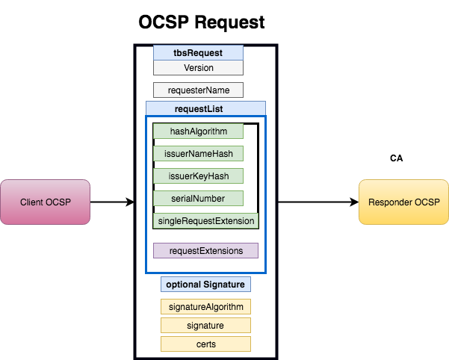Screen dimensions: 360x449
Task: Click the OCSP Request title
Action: [x=202, y=22]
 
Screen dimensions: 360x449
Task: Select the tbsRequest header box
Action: [x=198, y=53]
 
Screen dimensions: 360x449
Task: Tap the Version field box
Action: [x=198, y=68]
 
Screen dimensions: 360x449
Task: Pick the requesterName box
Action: [x=198, y=90]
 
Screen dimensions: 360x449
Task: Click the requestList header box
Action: [x=205, y=109]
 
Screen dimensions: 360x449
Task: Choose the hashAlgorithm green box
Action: [x=198, y=131]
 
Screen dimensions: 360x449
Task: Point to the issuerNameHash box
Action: [x=198, y=154]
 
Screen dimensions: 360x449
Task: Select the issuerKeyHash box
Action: [x=198, y=176]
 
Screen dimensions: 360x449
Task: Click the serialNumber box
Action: [x=198, y=199]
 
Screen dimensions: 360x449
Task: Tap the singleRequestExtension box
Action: [x=205, y=221]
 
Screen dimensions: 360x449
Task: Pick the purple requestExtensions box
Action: [x=205, y=251]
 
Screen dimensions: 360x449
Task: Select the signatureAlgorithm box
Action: [x=205, y=307]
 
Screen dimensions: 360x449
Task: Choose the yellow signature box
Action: [x=205, y=326]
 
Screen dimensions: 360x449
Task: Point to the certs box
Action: [x=205, y=344]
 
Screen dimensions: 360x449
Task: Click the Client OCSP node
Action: [x=46, y=202]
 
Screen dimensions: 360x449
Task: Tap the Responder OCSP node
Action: [x=404, y=202]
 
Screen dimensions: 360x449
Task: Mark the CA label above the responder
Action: [x=397, y=159]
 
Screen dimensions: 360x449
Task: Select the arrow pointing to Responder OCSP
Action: [x=318, y=202]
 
